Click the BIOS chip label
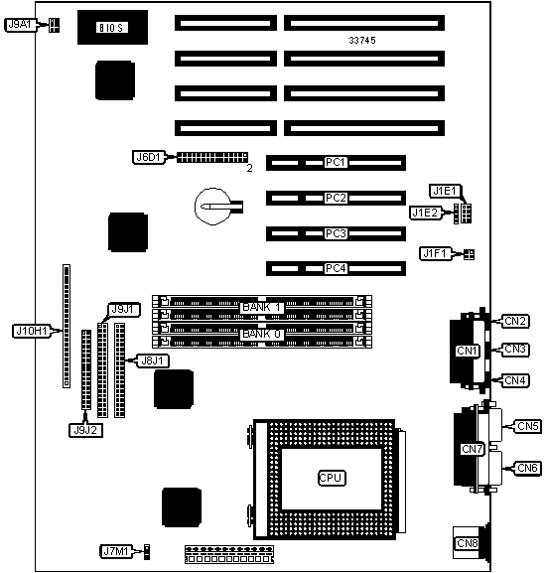[x=112, y=28]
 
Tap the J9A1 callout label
[x=21, y=25]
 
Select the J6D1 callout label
[x=148, y=157]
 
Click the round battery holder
[x=213, y=207]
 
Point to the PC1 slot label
[x=336, y=162]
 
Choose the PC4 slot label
[x=336, y=268]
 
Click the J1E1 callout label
[x=445, y=191]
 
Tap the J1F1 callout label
[x=435, y=253]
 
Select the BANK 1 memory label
[x=262, y=307]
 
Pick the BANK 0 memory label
[x=262, y=334]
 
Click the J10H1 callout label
[x=32, y=331]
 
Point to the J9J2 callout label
[x=85, y=430]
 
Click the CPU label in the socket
[x=331, y=478]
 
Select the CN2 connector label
[x=515, y=321]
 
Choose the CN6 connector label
[x=527, y=468]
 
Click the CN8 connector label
[x=467, y=543]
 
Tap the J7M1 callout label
[x=116, y=551]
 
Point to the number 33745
[x=362, y=41]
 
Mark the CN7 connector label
[x=473, y=449]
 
